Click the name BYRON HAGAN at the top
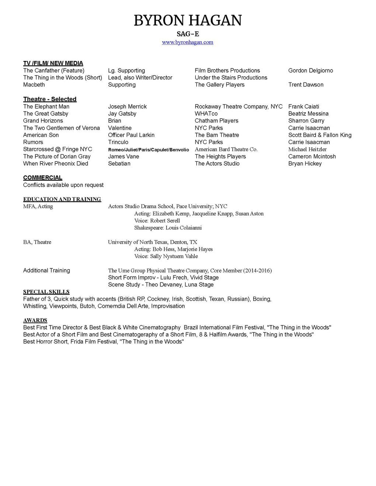pyautogui.click(x=188, y=21)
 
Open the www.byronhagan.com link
pyautogui.click(x=188, y=42)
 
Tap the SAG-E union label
pyautogui.click(x=188, y=34)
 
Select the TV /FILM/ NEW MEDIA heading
pyautogui.click(x=53, y=63)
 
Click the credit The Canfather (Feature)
pyautogui.click(x=54, y=71)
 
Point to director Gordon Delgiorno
pyautogui.click(x=310, y=71)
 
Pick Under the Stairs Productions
pyautogui.click(x=231, y=78)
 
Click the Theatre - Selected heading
pyautogui.click(x=50, y=99)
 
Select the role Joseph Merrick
pyautogui.click(x=127, y=107)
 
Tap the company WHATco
pyautogui.click(x=206, y=114)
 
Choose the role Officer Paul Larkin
pyautogui.click(x=131, y=135)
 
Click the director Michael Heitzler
pyautogui.click(x=307, y=149)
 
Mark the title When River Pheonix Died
pyautogui.click(x=56, y=164)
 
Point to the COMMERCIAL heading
pyautogui.click(x=43, y=178)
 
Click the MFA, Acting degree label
pyautogui.click(x=38, y=207)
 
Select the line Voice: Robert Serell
pyautogui.click(x=157, y=221)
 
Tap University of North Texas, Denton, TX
pyautogui.click(x=153, y=242)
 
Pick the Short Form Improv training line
pyautogui.click(x=163, y=278)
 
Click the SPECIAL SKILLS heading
pyautogui.click(x=46, y=292)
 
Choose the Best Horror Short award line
pyautogui.click(x=103, y=342)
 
